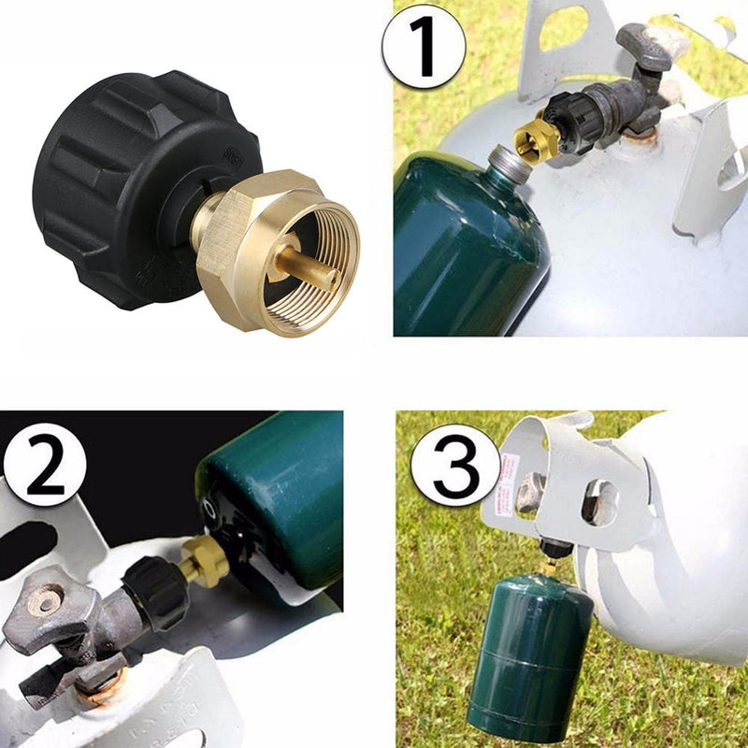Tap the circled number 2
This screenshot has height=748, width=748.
[44, 464]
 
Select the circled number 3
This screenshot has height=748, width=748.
[455, 465]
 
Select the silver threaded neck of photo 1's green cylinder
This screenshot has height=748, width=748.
[506, 164]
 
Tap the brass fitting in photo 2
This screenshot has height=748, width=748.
[204, 561]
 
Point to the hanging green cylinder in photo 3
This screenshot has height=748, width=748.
[528, 654]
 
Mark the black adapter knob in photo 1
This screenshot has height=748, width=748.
[570, 117]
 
